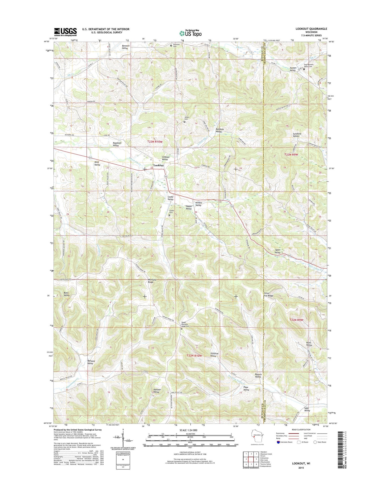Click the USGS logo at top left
65,32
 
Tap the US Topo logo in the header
190,33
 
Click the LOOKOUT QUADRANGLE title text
307,29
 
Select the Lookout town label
158,165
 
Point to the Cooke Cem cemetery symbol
169,215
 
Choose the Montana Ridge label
151,281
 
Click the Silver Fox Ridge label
268,294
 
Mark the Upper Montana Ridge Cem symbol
181,329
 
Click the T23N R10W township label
155,142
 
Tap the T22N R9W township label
297,320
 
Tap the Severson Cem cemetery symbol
171,45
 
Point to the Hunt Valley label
309,344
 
